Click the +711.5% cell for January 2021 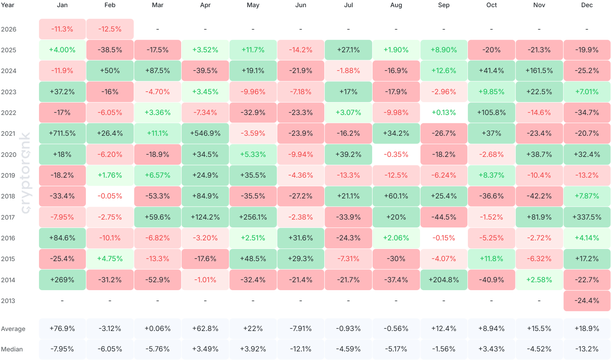point(62,134)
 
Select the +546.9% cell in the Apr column point(205,134)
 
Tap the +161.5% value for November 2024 point(539,71)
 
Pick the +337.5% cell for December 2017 point(587,217)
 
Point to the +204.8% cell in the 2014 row point(444,280)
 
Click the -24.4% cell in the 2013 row point(587,301)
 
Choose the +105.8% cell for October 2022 point(491,112)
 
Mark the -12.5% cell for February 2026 point(110,29)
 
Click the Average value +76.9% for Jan point(62,328)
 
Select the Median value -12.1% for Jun point(301,349)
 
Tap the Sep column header point(444,5)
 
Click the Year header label point(8,5)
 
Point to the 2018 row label point(8,196)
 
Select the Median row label point(12,349)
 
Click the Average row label point(13,329)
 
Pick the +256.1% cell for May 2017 point(253,217)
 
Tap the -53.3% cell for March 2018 point(157,196)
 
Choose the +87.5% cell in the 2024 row point(157,71)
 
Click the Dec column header point(587,5)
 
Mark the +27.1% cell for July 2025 point(348,50)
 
